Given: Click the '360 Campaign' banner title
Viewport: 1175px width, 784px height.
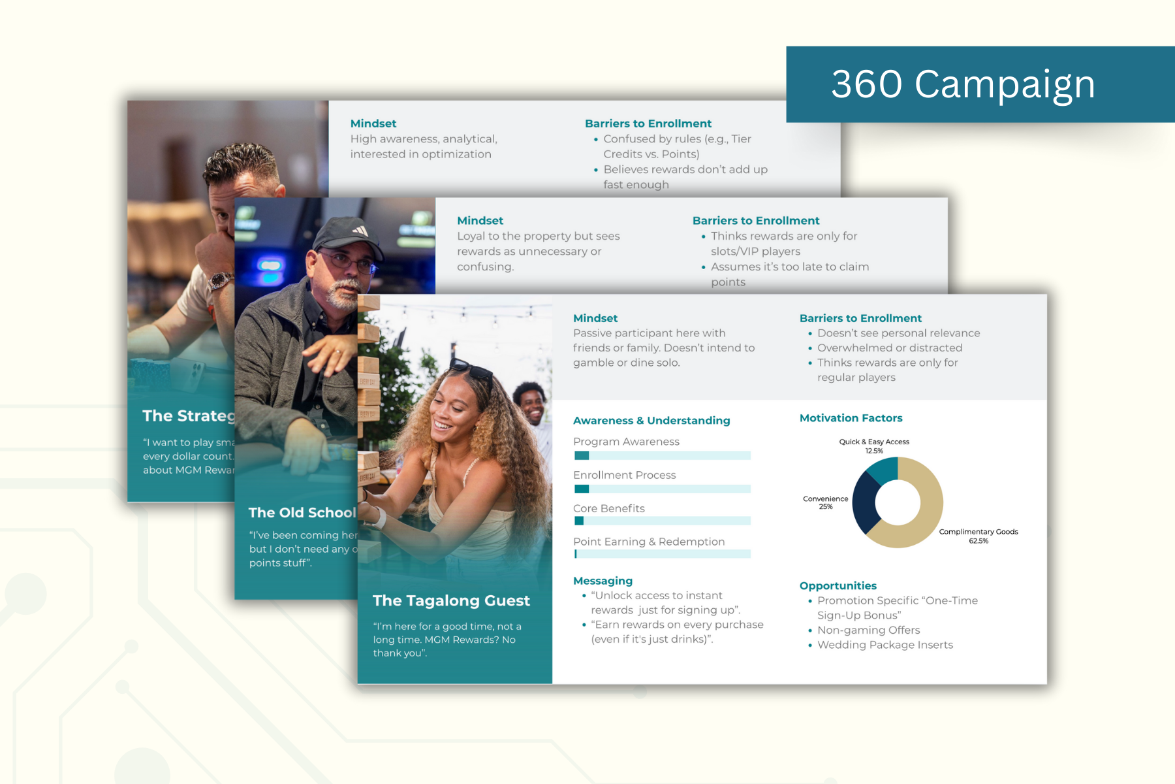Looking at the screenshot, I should tap(963, 84).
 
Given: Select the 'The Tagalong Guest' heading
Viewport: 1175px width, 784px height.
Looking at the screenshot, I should tap(451, 600).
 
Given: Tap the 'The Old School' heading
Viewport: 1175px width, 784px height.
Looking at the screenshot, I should tap(302, 513).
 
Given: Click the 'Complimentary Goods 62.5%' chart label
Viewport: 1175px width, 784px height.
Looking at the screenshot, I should tap(978, 536).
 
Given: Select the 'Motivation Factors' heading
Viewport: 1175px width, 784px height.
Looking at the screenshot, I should tap(851, 418).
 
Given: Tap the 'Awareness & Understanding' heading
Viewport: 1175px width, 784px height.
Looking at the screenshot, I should tap(651, 421).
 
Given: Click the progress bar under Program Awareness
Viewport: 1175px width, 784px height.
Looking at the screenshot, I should tap(662, 455).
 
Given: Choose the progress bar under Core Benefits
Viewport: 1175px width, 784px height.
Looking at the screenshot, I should tap(662, 521).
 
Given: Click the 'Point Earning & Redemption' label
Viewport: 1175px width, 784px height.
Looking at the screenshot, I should tap(648, 542).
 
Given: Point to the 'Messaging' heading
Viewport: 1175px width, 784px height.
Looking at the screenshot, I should tap(603, 581).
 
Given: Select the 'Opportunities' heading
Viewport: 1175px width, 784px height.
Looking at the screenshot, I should tap(838, 586).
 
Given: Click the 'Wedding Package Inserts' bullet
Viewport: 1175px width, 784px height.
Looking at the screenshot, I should tap(885, 645).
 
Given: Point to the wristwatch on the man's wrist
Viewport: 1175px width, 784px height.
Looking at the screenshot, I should tap(220, 282).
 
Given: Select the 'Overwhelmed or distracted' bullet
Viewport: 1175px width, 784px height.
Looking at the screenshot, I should tap(889, 348).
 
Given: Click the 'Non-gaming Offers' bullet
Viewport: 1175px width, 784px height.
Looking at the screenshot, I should tap(868, 630).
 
